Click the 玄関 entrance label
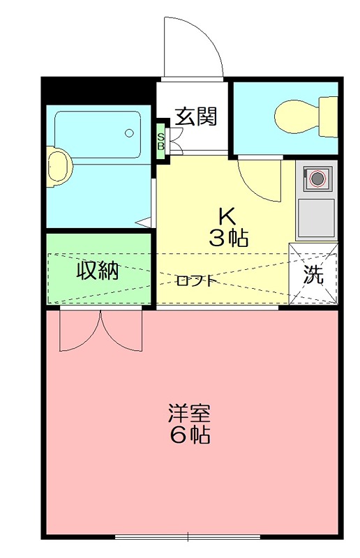click(195, 116)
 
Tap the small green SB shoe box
click(160, 142)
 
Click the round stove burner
click(317, 178)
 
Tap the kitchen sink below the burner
click(315, 218)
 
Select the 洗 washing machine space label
click(314, 275)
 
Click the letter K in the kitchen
click(227, 214)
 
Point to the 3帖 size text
click(228, 239)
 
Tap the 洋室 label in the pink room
click(188, 412)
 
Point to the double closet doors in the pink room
click(100, 331)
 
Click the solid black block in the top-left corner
click(97, 89)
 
